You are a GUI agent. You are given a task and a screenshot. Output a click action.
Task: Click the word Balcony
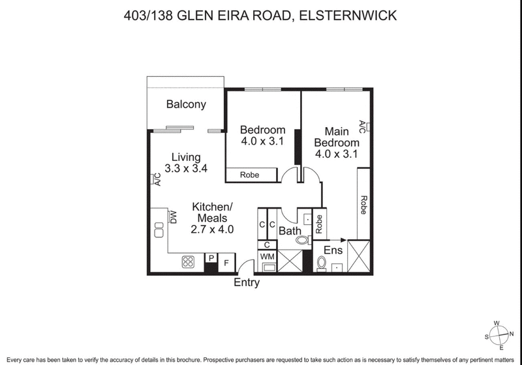point(186,104)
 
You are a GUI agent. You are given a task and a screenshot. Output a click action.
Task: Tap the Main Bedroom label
point(337,138)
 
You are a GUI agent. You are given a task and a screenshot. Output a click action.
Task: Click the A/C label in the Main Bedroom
point(363,126)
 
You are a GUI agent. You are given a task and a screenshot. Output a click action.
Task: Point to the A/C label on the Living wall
point(157,181)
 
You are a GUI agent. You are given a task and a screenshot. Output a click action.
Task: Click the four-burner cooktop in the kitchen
point(189,262)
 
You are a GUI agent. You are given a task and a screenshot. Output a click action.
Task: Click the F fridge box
point(226,262)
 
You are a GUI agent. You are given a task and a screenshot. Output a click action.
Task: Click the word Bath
point(289,231)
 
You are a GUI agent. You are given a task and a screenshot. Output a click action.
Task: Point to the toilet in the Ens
point(321,263)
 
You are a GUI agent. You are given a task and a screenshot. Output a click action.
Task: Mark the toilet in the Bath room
point(301,241)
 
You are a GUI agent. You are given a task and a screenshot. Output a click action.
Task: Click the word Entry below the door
point(247,282)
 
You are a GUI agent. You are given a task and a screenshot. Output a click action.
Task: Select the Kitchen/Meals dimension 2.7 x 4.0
point(212,229)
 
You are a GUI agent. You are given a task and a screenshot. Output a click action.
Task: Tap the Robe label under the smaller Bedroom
point(249,175)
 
